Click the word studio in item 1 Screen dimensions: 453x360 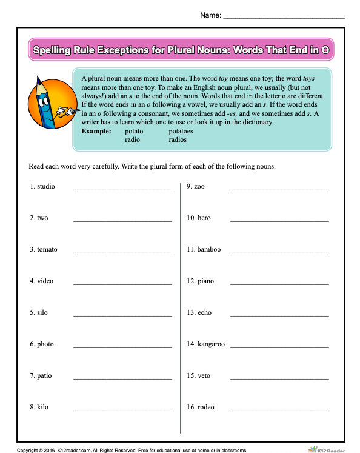pyautogui.click(x=45, y=186)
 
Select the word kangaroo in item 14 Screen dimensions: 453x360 pyautogui.click(x=211, y=344)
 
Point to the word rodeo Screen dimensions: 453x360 pyautogui.click(x=206, y=407)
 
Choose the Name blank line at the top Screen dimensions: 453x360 pyautogui.click(x=284, y=18)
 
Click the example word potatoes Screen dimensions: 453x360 pyautogui.click(x=181, y=131)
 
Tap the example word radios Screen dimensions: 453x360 pyautogui.click(x=178, y=139)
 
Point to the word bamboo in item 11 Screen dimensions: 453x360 pyautogui.click(x=209, y=249)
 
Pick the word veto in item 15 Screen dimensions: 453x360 pyautogui.click(x=204, y=375)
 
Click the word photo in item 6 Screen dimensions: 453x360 pyautogui.click(x=45, y=344)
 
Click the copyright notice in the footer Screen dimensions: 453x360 pyautogui.click(x=132, y=449)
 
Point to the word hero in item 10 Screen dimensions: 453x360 pyautogui.click(x=204, y=218)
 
